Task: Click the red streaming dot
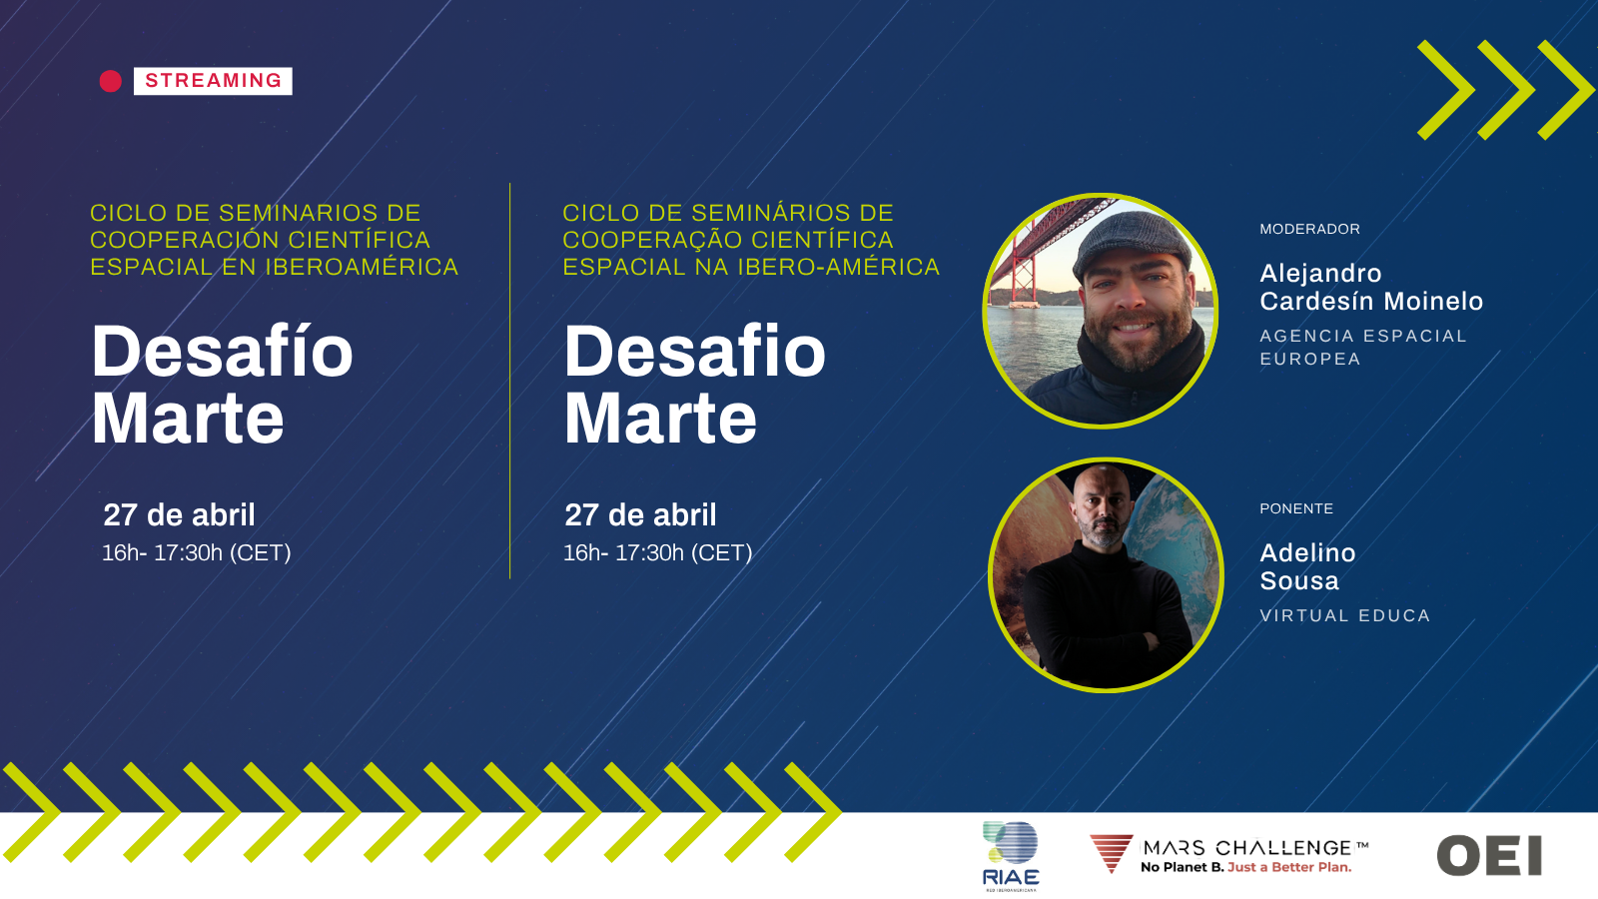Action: (111, 81)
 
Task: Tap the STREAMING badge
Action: (213, 81)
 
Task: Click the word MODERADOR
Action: (1309, 229)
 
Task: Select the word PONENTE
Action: (1296, 508)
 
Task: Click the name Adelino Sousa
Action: (1307, 566)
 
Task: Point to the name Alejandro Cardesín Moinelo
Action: (1371, 287)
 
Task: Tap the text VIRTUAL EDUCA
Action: (1344, 615)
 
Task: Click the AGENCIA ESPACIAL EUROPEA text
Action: (1362, 347)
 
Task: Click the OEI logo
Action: (1489, 855)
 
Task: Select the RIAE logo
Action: (1010, 855)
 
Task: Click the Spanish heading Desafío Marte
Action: (222, 384)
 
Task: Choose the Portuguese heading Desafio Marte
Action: (694, 384)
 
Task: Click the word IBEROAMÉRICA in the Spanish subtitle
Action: (362, 267)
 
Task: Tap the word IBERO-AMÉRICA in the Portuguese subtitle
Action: (838, 267)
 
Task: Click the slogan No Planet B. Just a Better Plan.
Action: (1245, 868)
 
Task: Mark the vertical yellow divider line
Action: (510, 381)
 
